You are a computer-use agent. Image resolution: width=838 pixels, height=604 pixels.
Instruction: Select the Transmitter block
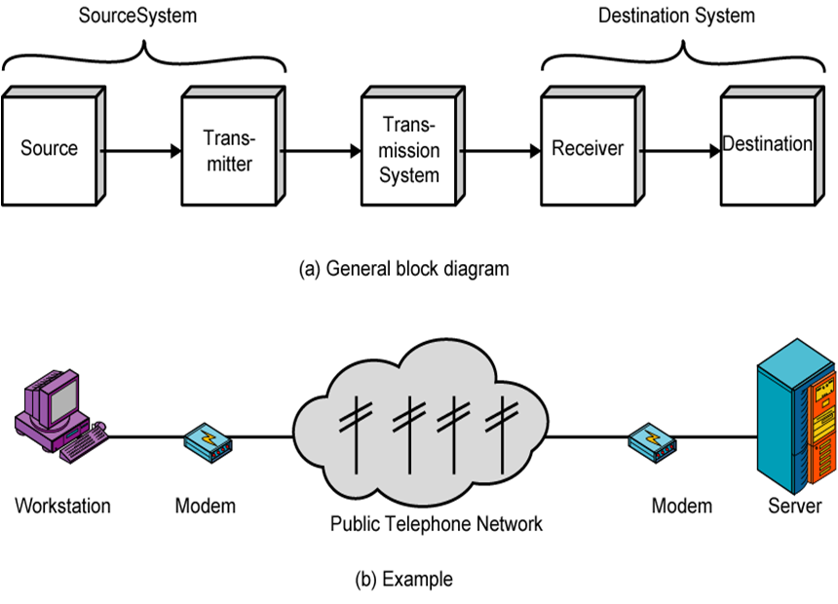pyautogui.click(x=229, y=150)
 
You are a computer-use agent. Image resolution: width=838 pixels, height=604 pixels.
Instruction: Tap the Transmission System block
pyautogui.click(x=409, y=150)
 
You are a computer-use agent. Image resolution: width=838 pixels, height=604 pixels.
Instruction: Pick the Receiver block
pyautogui.click(x=588, y=149)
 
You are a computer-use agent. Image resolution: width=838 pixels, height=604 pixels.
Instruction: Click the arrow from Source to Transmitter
pyautogui.click(x=140, y=151)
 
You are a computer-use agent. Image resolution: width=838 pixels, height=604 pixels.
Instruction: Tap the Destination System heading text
pyautogui.click(x=676, y=17)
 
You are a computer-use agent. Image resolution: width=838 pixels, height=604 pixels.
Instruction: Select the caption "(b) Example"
pyautogui.click(x=403, y=580)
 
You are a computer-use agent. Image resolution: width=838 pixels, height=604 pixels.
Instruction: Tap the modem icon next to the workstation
pyautogui.click(x=208, y=441)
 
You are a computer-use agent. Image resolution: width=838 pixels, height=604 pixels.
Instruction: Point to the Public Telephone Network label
pyautogui.click(x=436, y=524)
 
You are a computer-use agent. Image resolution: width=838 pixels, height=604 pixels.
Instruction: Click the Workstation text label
pyautogui.click(x=62, y=507)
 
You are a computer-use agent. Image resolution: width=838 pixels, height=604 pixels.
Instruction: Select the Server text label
pyautogui.click(x=794, y=507)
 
